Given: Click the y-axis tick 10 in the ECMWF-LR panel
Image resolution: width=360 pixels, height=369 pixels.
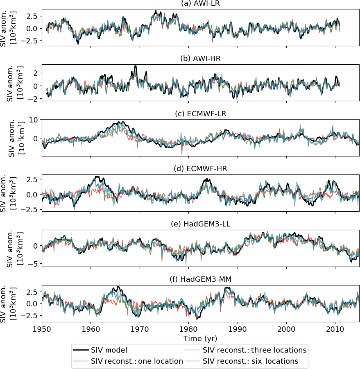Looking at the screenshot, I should pos(34,120).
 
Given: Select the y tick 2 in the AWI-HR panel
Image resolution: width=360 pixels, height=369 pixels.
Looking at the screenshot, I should pos(36,73).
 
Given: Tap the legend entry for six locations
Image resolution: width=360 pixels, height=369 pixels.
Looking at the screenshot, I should pos(251,361).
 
